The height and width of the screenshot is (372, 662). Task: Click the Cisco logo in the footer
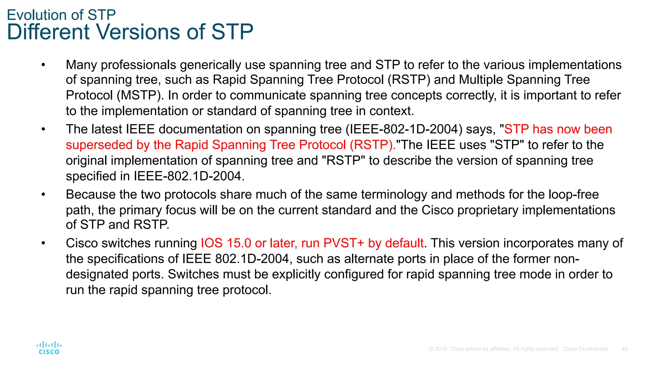pyautogui.click(x=49, y=348)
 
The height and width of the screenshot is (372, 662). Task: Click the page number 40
pyautogui.click(x=624, y=349)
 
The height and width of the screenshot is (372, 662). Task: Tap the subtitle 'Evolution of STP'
pyautogui.click(x=61, y=15)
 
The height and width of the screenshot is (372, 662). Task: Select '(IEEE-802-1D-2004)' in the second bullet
pyautogui.click(x=404, y=129)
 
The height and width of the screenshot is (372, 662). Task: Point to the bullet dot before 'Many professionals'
pyautogui.click(x=43, y=65)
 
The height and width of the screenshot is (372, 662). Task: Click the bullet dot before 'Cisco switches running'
pyautogui.click(x=43, y=243)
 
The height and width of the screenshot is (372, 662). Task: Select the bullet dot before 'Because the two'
pyautogui.click(x=43, y=195)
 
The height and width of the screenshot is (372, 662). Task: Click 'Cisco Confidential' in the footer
pyautogui.click(x=585, y=349)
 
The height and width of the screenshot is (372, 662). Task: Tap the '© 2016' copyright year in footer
pyautogui.click(x=438, y=349)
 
